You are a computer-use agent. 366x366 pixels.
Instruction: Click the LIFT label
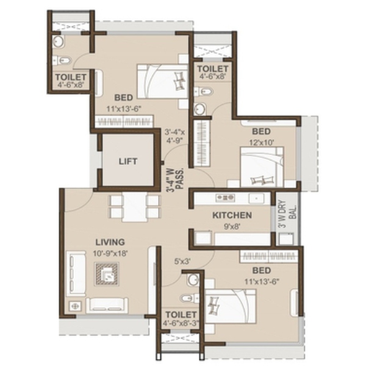(128, 161)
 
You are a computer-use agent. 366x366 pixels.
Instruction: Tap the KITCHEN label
(232, 215)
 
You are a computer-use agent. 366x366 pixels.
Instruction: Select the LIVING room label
(110, 242)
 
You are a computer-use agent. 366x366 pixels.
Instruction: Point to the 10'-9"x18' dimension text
(110, 253)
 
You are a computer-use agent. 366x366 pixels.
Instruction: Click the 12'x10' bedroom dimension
(262, 142)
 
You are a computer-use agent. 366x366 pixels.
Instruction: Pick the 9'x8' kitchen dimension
(232, 226)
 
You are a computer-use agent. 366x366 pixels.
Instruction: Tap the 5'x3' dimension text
(182, 262)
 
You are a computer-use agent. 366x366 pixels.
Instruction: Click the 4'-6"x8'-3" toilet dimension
(181, 323)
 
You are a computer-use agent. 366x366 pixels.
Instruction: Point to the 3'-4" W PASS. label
(175, 180)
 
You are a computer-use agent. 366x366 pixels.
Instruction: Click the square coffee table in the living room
(107, 274)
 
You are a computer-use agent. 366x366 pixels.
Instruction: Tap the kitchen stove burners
(225, 198)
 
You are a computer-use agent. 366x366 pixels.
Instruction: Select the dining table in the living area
(135, 207)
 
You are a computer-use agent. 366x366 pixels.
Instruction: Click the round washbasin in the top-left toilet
(58, 41)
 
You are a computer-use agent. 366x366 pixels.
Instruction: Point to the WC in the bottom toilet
(189, 298)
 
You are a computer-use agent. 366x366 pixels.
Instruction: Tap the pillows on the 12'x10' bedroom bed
(262, 180)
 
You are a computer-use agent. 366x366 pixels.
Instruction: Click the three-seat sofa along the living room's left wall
(76, 273)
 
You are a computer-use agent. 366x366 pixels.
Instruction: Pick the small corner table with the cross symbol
(75, 306)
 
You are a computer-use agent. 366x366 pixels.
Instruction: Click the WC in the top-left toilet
(62, 60)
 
